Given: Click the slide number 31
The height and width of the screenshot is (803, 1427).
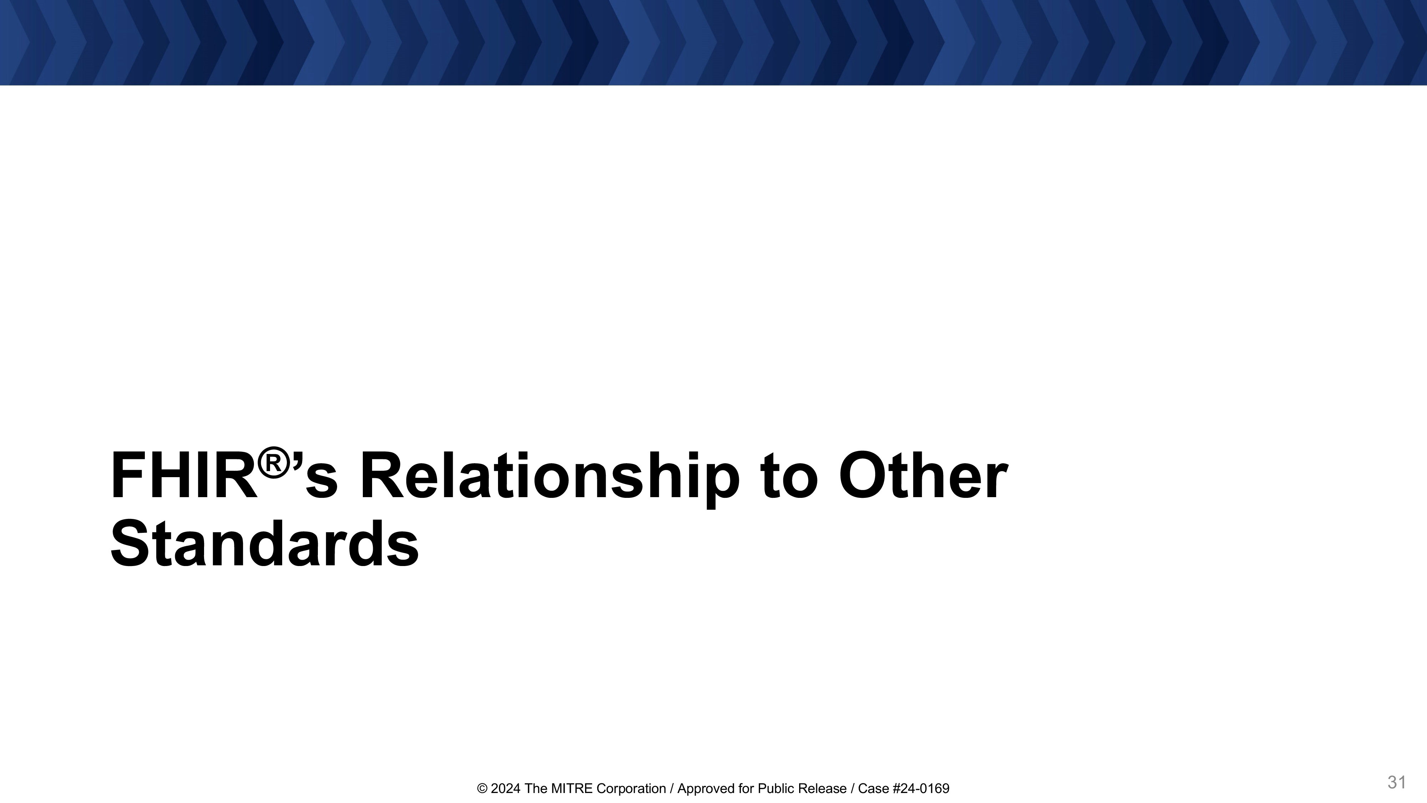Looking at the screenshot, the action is point(1397,782).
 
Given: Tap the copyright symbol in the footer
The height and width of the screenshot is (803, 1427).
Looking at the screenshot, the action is point(482,789).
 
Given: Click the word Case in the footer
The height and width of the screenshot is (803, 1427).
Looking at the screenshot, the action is point(871,789).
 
